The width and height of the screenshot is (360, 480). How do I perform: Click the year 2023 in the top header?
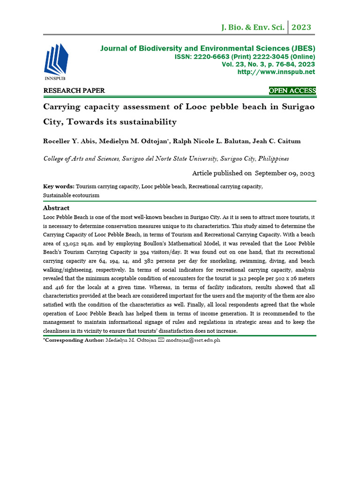(x=301, y=27)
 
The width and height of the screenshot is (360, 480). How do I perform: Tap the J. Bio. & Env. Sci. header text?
(x=253, y=28)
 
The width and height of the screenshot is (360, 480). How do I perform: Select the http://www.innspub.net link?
(x=276, y=72)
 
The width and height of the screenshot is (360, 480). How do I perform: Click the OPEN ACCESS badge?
(x=292, y=90)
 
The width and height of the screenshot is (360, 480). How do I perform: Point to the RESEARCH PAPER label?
(x=74, y=90)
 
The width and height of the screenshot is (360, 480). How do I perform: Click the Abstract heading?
(x=56, y=208)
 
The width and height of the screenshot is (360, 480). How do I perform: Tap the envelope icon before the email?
(x=162, y=340)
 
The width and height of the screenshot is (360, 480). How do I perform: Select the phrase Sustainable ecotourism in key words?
(x=71, y=195)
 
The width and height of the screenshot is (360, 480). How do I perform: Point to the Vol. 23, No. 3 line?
(x=268, y=64)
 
